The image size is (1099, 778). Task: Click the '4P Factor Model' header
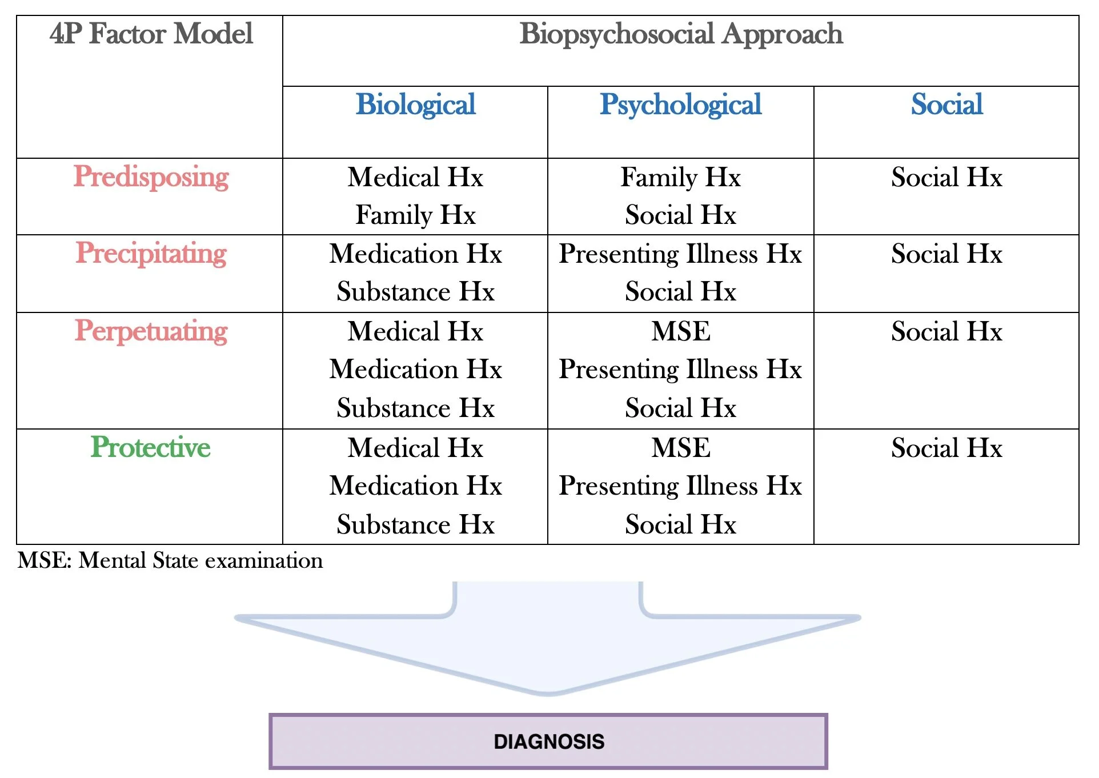(x=151, y=34)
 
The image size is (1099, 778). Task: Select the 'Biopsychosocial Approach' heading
(x=680, y=34)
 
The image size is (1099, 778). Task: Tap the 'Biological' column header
(x=415, y=105)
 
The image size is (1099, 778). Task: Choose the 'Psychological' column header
(x=680, y=105)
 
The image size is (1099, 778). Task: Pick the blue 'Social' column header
(x=946, y=105)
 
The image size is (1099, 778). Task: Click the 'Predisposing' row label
(x=151, y=177)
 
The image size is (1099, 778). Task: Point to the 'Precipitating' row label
(x=151, y=254)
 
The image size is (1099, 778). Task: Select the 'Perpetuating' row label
(x=151, y=331)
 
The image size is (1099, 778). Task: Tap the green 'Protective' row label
(x=151, y=447)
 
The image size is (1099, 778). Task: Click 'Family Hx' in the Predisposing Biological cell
(x=415, y=215)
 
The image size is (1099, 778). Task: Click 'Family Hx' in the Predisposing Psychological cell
(x=680, y=177)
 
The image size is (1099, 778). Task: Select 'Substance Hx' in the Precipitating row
(x=415, y=292)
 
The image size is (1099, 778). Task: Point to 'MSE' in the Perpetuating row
(x=680, y=331)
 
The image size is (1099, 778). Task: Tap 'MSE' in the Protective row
(x=680, y=448)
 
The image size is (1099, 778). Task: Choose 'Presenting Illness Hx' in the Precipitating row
(x=680, y=254)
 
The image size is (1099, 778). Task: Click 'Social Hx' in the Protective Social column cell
(x=946, y=448)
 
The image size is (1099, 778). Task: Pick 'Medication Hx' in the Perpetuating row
(x=415, y=370)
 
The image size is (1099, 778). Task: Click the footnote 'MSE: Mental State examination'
(x=170, y=560)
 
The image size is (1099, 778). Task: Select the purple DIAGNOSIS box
(x=548, y=741)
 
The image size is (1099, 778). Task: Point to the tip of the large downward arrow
(x=547, y=692)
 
